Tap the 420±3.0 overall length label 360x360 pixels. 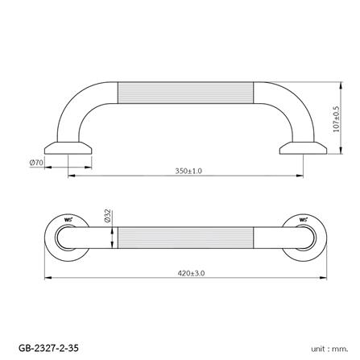pos(192,273)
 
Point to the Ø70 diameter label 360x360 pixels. pos(35,163)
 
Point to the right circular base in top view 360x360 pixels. pos(304,237)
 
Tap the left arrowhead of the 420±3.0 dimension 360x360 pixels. pos(45,278)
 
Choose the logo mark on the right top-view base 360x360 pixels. pos(304,219)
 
